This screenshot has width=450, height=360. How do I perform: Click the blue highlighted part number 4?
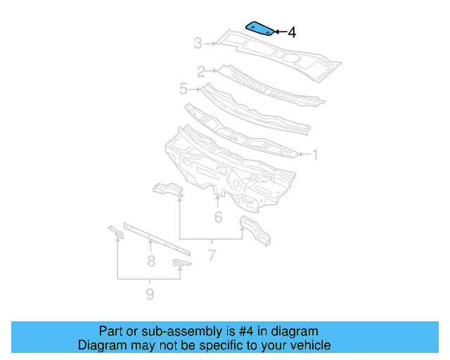point(259,29)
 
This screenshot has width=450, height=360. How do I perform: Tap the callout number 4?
point(292,32)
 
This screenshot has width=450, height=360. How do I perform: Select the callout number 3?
point(198,44)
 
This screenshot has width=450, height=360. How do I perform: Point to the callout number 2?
point(200,71)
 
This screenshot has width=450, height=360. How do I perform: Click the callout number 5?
point(184,89)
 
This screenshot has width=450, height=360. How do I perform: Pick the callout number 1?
point(314,154)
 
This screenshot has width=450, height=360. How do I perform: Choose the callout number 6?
point(219,217)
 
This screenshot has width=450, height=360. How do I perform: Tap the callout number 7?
point(212,256)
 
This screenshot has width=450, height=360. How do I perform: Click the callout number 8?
point(150,262)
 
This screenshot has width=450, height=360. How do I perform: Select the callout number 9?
point(150,294)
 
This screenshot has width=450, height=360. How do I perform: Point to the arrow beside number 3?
point(211,44)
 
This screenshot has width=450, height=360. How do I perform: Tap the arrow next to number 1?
point(302,153)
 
